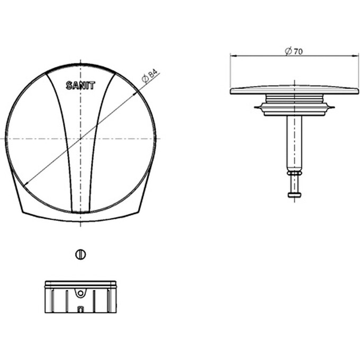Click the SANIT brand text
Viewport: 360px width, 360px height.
click(80, 86)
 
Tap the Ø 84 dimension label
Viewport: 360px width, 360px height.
click(150, 76)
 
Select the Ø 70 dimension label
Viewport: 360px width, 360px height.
click(294, 51)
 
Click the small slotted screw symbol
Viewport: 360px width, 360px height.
click(80, 255)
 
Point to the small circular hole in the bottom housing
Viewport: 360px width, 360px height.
click(80, 293)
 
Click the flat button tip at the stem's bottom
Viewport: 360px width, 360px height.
click(294, 195)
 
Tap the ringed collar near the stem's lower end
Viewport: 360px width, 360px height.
click(294, 173)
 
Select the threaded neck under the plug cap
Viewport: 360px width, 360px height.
click(294, 98)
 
